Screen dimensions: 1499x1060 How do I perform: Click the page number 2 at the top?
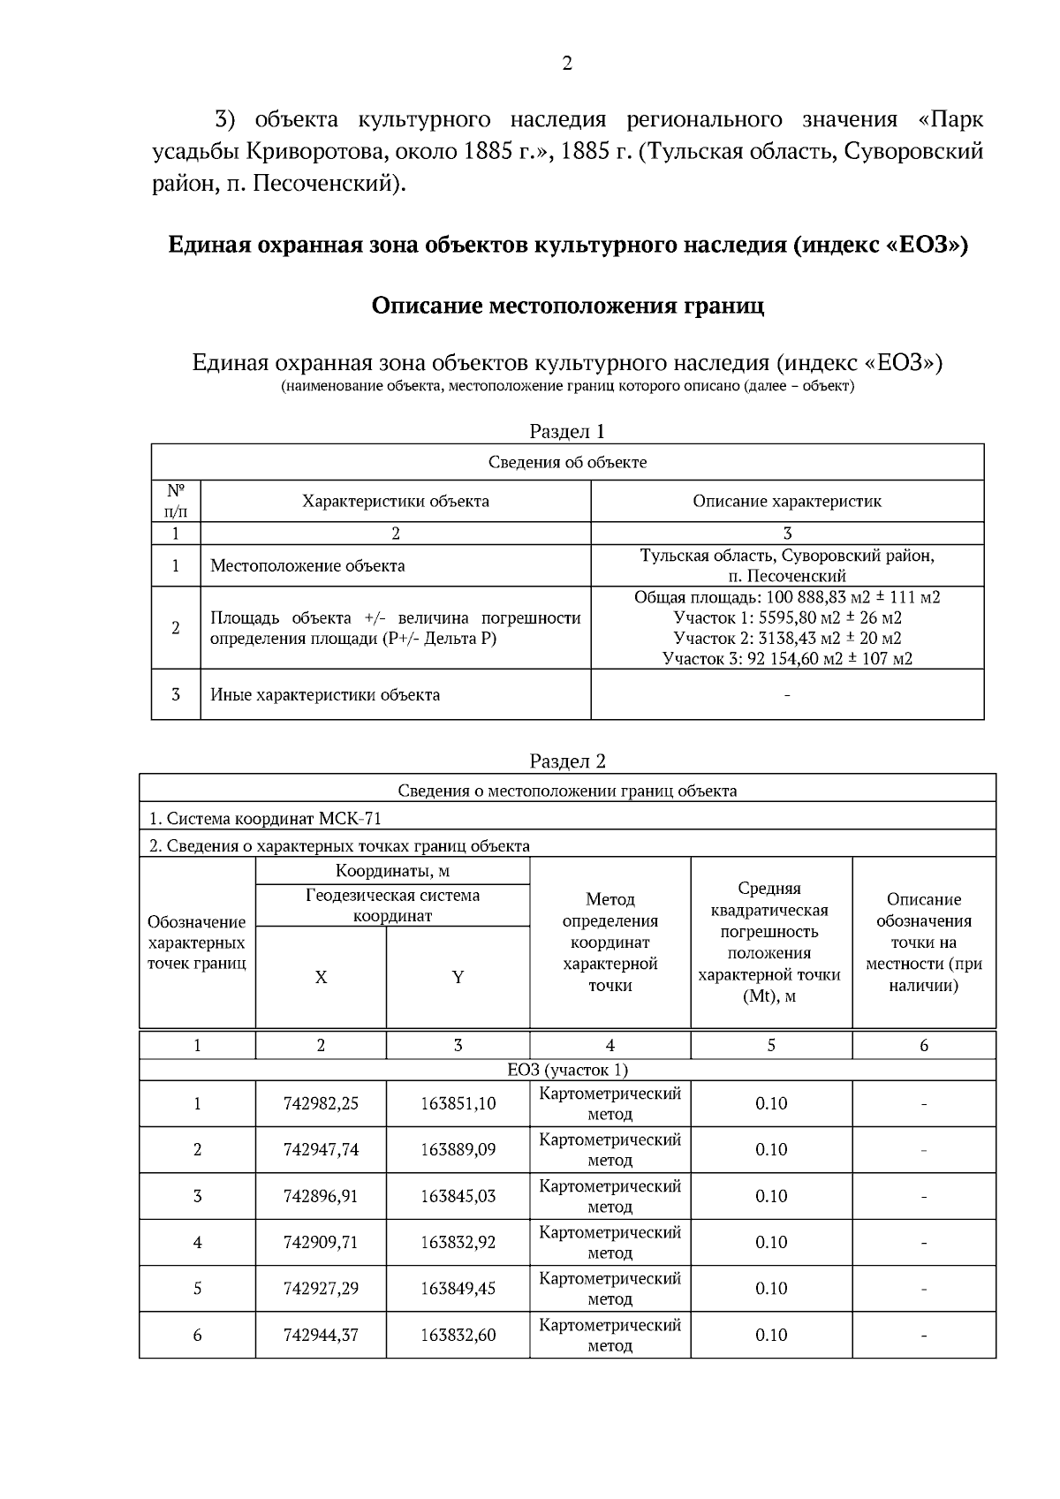pyautogui.click(x=566, y=64)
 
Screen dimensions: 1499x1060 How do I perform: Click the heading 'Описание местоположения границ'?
pyautogui.click(x=567, y=306)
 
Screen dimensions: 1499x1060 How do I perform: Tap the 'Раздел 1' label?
pyautogui.click(x=567, y=431)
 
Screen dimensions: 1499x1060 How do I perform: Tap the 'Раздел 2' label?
pyautogui.click(x=567, y=761)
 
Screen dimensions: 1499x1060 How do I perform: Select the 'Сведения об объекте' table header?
pyautogui.click(x=567, y=462)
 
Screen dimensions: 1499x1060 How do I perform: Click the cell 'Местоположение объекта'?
pyautogui.click(x=307, y=565)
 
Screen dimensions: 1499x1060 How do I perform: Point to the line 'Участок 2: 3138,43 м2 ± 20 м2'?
pyautogui.click(x=787, y=638)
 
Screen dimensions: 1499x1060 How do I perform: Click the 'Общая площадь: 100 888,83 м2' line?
pyautogui.click(x=787, y=597)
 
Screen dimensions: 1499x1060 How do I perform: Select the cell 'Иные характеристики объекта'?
pyautogui.click(x=325, y=694)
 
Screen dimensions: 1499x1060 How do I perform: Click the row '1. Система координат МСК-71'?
pyautogui.click(x=265, y=818)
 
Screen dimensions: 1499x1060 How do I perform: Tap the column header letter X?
pyautogui.click(x=321, y=977)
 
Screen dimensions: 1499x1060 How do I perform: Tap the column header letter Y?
pyautogui.click(x=458, y=977)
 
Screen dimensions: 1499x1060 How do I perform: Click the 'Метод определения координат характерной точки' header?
pyautogui.click(x=610, y=942)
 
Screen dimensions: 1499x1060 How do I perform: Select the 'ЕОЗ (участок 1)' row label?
pyautogui.click(x=567, y=1070)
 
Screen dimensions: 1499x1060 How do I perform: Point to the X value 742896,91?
pyautogui.click(x=321, y=1196)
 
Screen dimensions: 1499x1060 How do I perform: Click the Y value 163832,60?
pyautogui.click(x=458, y=1335)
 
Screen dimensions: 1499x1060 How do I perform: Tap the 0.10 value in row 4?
pyautogui.click(x=771, y=1242)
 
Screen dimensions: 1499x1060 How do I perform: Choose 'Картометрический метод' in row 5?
pyautogui.click(x=610, y=1288)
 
